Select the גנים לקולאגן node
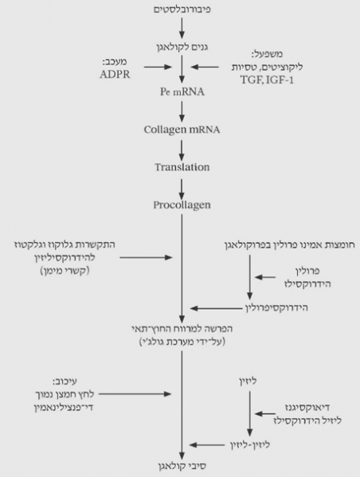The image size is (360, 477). (x=182, y=48)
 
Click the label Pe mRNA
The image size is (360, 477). (x=182, y=93)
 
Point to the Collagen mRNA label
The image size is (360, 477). (x=182, y=130)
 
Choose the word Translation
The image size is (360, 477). (x=182, y=167)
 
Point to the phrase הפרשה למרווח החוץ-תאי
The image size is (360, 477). (x=182, y=328)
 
